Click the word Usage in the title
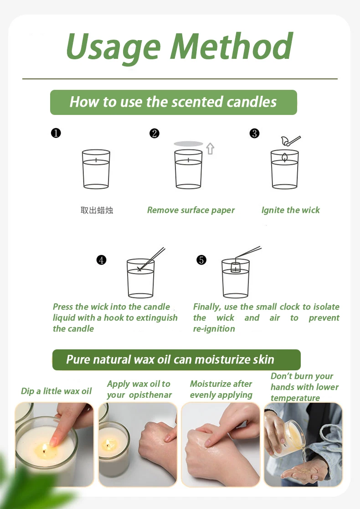coord(113,48)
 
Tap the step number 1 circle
coord(56,133)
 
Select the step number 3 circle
coord(254,134)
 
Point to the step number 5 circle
coord(201,260)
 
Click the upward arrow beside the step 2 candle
coord(210,149)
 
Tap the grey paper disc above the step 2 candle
coord(189,144)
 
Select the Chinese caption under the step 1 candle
coord(97,210)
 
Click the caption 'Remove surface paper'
coord(190,210)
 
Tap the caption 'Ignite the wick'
coord(291,210)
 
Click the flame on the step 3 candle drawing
coord(284,157)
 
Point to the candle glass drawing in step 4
coord(140,278)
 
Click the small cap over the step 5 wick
coord(236,267)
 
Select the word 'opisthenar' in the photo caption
coord(150,395)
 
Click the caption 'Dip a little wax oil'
coord(57,391)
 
